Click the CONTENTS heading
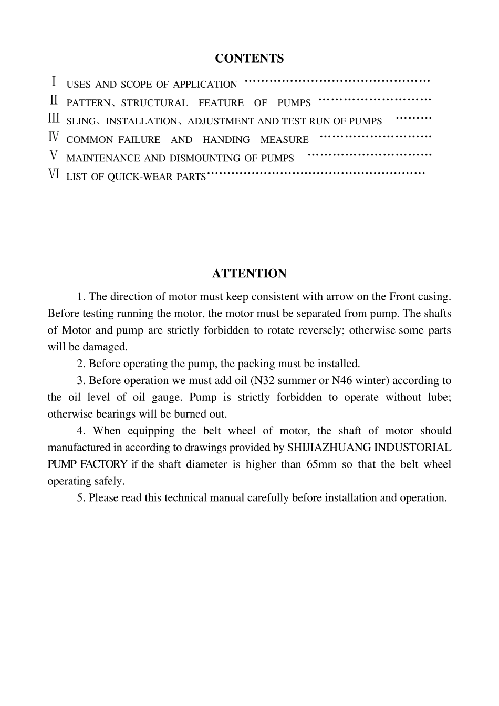tap(249, 58)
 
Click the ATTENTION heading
tap(249, 274)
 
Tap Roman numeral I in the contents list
tap(54, 82)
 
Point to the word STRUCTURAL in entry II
tap(154, 103)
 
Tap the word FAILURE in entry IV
tap(139, 140)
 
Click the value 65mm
tap(321, 465)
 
